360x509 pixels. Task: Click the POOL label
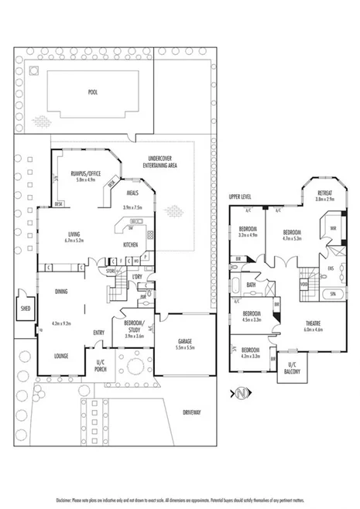point(92,91)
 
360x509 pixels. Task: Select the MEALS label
point(132,194)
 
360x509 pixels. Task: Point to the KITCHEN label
point(130,245)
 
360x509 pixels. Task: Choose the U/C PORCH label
point(100,364)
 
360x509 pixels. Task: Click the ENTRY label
point(99,333)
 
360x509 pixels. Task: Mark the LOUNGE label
point(63,356)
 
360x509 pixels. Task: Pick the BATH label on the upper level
point(251,284)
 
